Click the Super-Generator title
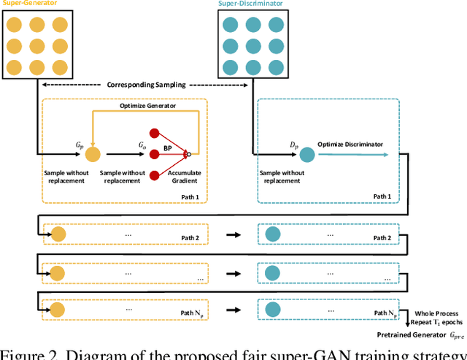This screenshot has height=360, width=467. point(28,4)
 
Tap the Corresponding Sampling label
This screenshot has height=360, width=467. point(146,85)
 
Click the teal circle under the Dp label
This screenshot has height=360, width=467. point(307,154)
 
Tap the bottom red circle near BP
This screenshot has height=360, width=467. point(154,175)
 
